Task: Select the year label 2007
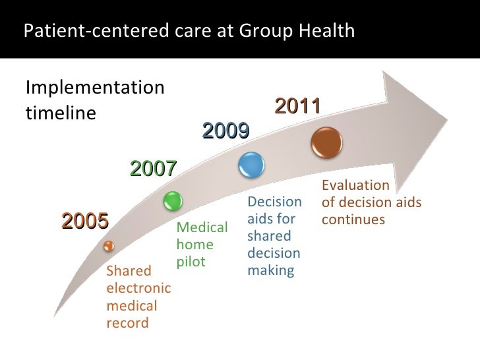pos(154,169)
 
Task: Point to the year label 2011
pos(297,105)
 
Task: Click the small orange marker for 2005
pos(109,246)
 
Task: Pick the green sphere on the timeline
pos(171,200)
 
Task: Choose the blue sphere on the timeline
pos(251,164)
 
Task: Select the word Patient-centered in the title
pos(72,31)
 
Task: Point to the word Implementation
pos(95,87)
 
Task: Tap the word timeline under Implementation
pos(61,113)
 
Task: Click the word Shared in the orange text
pos(129,271)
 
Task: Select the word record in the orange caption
pos(127,323)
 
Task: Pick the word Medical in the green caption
pos(202,228)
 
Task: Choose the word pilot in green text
pos(191,262)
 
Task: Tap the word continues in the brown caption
pos(353,218)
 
